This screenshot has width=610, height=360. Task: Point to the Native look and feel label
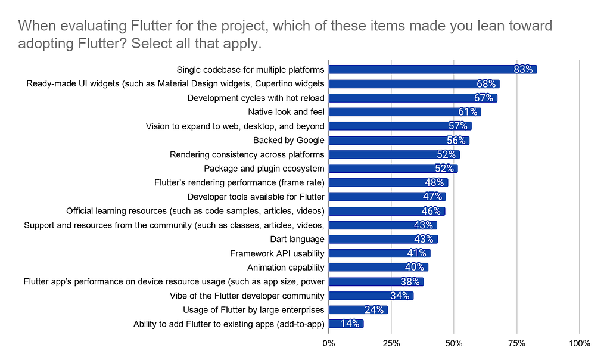[x=286, y=112]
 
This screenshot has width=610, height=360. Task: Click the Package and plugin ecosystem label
[x=264, y=169]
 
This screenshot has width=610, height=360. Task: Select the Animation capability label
[x=286, y=268]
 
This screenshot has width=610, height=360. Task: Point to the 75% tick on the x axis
[x=516, y=343]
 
